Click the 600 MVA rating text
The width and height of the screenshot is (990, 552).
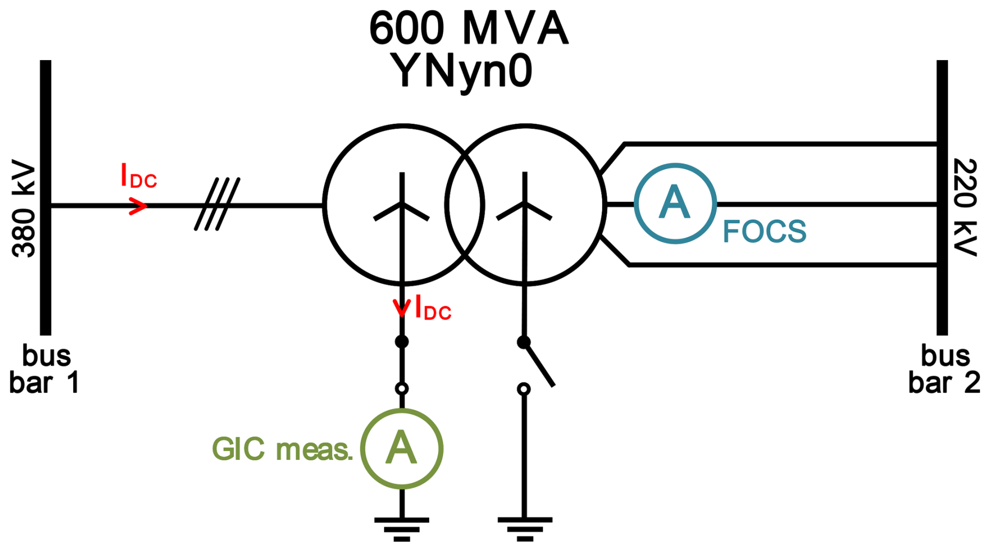pos(468,28)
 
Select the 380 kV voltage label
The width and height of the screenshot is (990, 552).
pos(24,212)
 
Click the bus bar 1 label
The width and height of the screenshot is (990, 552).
pos(45,369)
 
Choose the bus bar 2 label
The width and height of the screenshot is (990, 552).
pos(944,369)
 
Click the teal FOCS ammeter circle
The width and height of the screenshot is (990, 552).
pos(675,204)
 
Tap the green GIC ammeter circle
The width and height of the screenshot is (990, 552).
pos(402,449)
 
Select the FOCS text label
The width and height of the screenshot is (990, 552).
pos(764,232)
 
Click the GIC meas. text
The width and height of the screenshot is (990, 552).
pos(282,449)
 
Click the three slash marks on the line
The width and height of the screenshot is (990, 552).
pos(217,204)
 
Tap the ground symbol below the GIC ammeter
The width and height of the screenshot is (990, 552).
pos(401,528)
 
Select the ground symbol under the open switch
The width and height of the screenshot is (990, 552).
pos(524,528)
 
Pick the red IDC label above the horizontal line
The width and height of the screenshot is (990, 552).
pos(138,176)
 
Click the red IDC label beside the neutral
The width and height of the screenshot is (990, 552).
pos(433,308)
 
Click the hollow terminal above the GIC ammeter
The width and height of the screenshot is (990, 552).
pos(401,389)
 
